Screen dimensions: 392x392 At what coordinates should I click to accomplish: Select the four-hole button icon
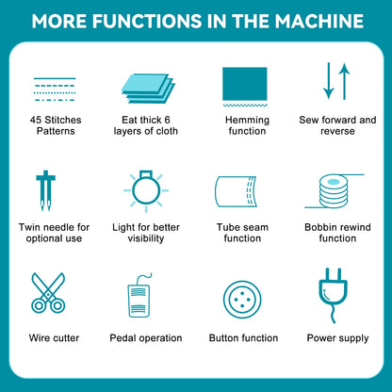pos(242,300)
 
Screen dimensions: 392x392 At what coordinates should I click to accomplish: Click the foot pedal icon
pos(139,301)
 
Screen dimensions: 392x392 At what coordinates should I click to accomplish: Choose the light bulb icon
pos(146,190)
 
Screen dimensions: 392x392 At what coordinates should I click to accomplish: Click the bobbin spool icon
pos(334,191)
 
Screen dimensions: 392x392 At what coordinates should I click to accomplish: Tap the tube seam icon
pos(236,191)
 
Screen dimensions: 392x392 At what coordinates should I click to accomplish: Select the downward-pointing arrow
pos(329,81)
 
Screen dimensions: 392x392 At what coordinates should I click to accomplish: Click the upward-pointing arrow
pos(345,81)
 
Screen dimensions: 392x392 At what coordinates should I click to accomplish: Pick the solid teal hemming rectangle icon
pos(245,84)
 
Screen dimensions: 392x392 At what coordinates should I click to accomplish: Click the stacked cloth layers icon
pos(148,89)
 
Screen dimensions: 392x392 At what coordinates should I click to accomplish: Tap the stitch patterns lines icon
pos(55,90)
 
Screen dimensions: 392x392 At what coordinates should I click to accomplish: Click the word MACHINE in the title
pos(319,21)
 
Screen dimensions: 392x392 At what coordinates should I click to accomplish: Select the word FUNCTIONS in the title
pos(148,21)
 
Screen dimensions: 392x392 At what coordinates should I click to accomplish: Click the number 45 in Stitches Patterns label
pos(36,120)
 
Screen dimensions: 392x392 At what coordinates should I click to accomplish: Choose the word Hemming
pos(247,121)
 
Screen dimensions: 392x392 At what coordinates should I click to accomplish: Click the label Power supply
pos(337,338)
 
